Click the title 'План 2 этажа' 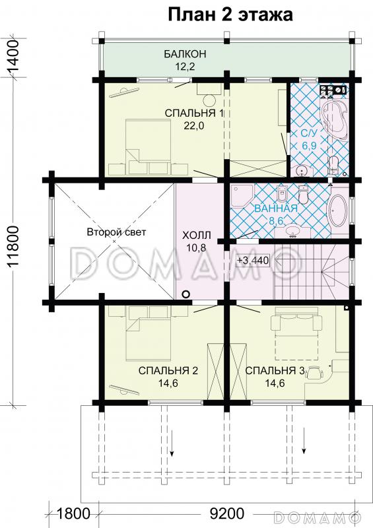(230, 15)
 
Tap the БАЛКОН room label (185, 54)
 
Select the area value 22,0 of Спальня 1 (193, 125)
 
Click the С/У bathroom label (310, 133)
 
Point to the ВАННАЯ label (276, 209)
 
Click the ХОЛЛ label (196, 235)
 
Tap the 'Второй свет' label (116, 232)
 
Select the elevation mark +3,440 (253, 260)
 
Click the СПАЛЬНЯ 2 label (168, 371)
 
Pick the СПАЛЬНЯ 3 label (275, 371)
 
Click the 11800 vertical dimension (13, 246)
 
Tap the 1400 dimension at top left (13, 57)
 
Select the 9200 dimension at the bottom (226, 514)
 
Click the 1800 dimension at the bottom (73, 514)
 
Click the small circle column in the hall (186, 294)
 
